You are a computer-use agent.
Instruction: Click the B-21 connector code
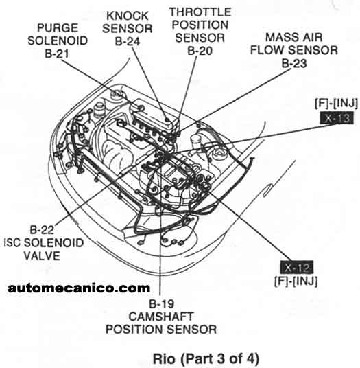click(57, 54)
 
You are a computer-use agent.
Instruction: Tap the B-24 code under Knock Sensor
click(128, 42)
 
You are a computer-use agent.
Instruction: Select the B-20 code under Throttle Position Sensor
click(200, 51)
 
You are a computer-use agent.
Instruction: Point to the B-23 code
click(294, 63)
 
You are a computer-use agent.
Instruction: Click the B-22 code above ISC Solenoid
click(42, 230)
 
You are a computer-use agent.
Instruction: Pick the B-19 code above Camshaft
click(161, 303)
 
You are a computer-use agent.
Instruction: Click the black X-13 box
click(337, 118)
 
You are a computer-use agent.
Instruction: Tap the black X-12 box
click(297, 267)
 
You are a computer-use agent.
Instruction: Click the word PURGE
click(58, 28)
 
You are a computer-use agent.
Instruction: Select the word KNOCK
click(128, 16)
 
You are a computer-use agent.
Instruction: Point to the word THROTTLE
click(200, 12)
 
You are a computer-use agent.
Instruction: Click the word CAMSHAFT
click(161, 317)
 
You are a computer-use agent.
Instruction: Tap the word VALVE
click(42, 255)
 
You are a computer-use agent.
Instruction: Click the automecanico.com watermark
click(79, 288)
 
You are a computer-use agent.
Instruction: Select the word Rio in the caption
click(164, 358)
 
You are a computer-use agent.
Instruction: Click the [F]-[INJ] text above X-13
click(337, 104)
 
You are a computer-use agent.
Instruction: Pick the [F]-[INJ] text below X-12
click(296, 281)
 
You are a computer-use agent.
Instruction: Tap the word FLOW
click(268, 50)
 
